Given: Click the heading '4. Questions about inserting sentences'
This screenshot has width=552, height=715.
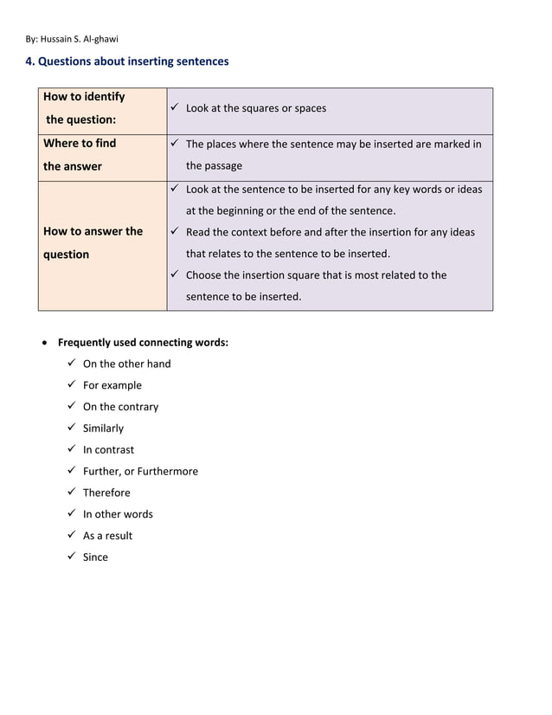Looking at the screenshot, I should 127,61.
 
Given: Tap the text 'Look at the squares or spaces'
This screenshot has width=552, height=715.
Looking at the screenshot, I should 256,108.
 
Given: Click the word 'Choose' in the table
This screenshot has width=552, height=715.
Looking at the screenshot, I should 206,275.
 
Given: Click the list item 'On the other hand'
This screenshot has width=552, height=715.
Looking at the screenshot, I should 126,364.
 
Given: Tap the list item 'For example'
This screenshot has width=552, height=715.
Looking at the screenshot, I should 112,385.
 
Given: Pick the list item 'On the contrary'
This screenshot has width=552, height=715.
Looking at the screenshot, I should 120,407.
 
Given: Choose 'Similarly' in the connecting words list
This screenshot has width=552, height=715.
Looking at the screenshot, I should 103,428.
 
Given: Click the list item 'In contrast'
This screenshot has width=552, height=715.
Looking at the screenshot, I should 108,450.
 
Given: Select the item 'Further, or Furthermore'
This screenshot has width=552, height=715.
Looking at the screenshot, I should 140,471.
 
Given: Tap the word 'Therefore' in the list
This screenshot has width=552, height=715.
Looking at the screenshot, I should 106,493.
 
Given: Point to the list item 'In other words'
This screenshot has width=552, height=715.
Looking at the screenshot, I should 118,514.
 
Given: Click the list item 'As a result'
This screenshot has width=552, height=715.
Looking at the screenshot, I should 107,536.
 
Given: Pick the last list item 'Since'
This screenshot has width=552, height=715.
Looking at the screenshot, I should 95,557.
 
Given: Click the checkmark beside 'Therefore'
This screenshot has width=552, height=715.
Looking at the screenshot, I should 71,493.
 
